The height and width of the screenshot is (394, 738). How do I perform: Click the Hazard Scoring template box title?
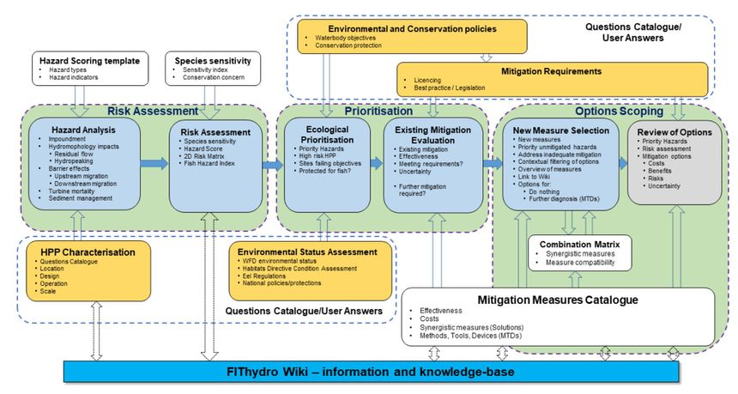click(x=87, y=61)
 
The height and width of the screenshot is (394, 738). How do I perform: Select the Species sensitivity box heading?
click(x=212, y=61)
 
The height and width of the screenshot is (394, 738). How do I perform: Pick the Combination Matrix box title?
click(x=579, y=243)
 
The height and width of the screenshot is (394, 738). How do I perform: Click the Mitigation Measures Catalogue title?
click(x=558, y=300)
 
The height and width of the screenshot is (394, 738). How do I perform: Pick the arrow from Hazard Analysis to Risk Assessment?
click(x=155, y=163)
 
